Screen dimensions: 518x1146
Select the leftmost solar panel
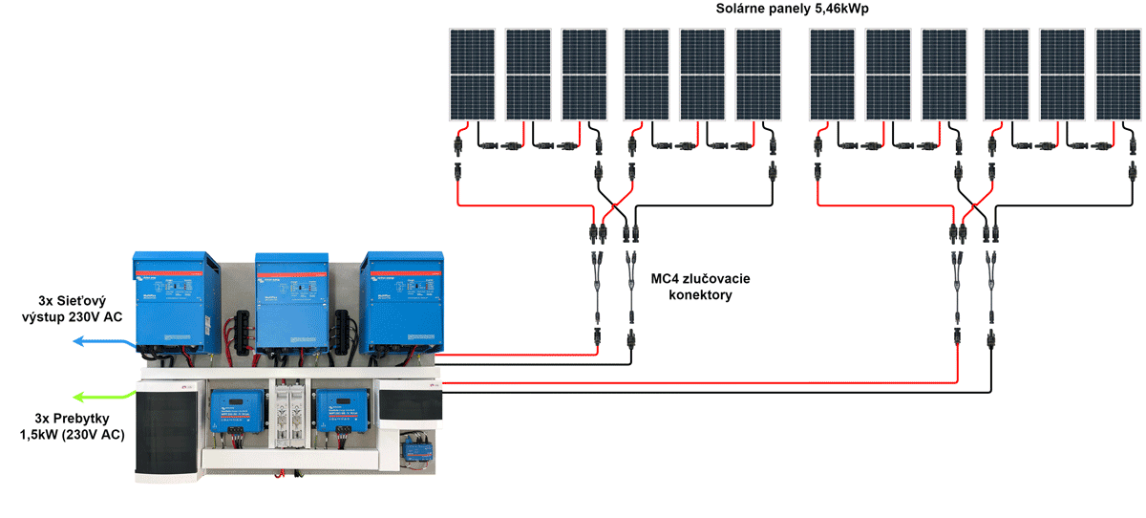click(473, 75)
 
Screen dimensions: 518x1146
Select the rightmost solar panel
click(1118, 75)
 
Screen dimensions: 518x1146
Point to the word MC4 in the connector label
click(669, 279)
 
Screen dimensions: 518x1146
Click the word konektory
click(700, 295)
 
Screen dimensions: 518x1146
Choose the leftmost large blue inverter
click(177, 302)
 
